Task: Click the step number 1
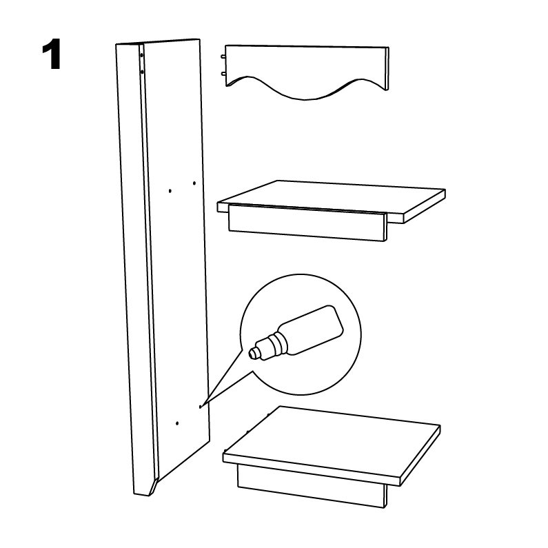[x=52, y=54]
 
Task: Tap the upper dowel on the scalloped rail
[x=223, y=56]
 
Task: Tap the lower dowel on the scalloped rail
[x=223, y=73]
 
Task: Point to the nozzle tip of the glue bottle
[x=252, y=354]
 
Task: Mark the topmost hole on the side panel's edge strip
[x=141, y=55]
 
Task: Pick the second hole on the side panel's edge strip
[x=142, y=72]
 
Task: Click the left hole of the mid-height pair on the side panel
[x=170, y=191]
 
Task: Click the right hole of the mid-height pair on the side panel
[x=194, y=183]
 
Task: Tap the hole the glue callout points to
[x=200, y=407]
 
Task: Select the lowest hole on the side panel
[x=177, y=423]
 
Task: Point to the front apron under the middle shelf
[x=307, y=223]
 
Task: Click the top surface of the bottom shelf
[x=332, y=441]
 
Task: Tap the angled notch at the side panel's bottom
[x=154, y=486]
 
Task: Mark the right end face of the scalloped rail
[x=387, y=69]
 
